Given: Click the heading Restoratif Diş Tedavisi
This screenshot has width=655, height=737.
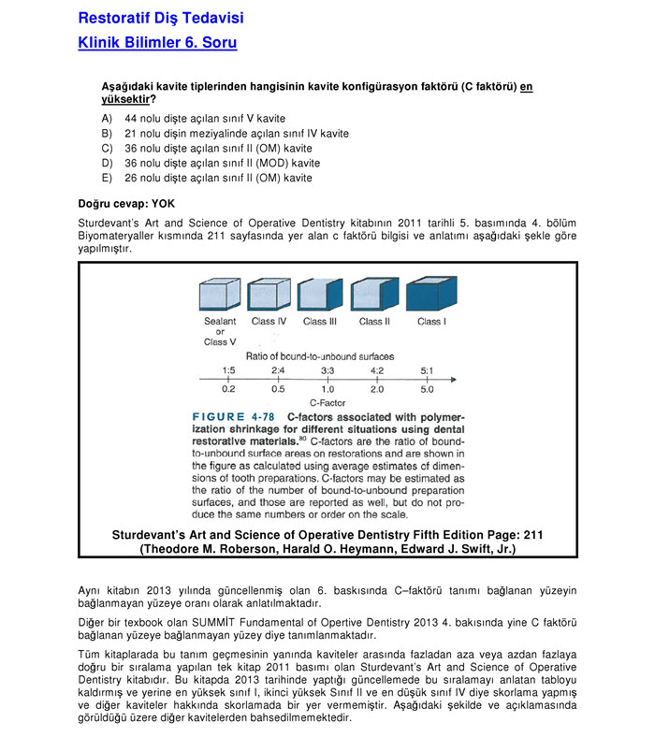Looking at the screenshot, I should click(x=160, y=18).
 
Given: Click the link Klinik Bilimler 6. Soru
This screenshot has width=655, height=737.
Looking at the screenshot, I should click(x=157, y=43).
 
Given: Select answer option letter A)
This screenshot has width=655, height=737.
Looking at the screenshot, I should click(x=107, y=119).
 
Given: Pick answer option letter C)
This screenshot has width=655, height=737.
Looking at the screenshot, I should click(x=107, y=149).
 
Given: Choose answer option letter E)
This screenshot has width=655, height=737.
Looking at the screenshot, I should click(x=107, y=179).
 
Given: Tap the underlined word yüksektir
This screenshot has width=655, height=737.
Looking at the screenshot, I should click(x=124, y=98).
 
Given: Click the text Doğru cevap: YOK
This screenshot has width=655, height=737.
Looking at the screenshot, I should click(x=126, y=202).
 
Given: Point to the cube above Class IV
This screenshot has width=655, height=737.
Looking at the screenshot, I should click(x=269, y=296).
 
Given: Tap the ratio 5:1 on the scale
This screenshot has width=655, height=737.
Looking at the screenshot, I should click(x=426, y=371).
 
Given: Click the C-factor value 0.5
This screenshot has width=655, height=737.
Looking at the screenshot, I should click(x=278, y=388).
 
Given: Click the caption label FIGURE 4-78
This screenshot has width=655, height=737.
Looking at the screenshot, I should click(x=235, y=416).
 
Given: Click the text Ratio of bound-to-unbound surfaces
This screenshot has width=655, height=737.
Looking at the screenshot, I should click(x=319, y=356).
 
